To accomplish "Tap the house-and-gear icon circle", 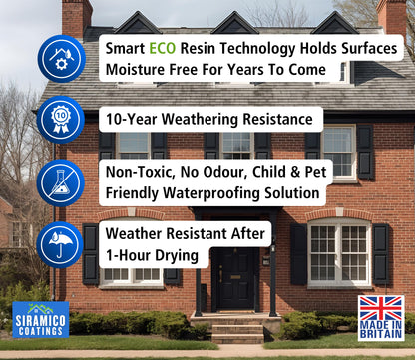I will click(60, 57).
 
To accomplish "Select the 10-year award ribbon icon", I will click(60, 119).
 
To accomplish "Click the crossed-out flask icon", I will click(60, 182).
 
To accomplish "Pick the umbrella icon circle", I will click(60, 245).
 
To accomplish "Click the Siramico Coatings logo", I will click(40, 319).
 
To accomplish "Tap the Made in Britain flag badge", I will click(381, 318).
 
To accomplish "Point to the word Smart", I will click(127, 49).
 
